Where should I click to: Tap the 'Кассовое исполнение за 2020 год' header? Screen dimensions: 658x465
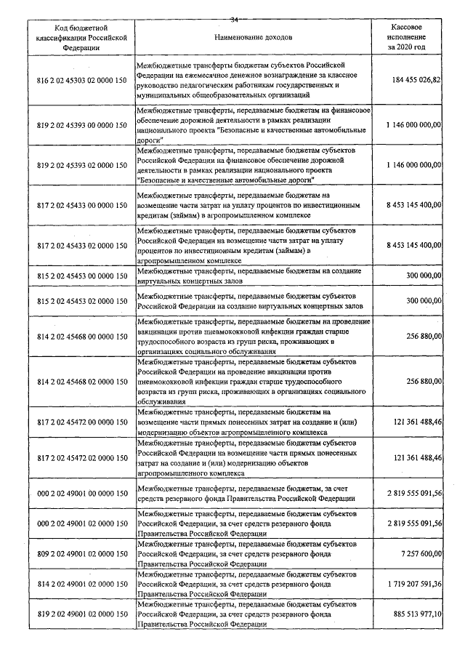pos(407,36)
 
